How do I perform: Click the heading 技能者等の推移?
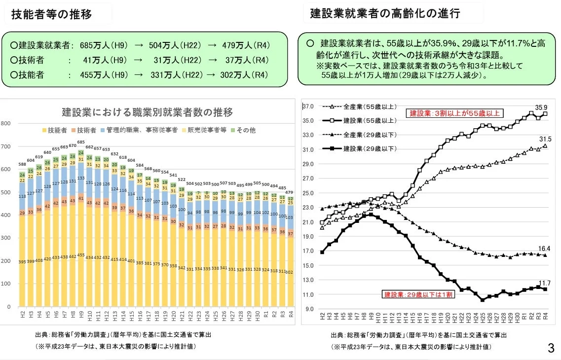51,14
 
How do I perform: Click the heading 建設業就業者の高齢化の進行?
385,13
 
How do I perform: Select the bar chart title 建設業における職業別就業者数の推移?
147,112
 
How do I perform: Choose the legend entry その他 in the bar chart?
244,131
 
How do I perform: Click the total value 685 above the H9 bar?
80,142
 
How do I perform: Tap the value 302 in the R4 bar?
290,272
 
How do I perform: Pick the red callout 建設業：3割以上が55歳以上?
454,113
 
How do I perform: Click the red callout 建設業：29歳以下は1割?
417,295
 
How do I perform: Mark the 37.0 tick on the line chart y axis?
308,107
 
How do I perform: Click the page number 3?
551,349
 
